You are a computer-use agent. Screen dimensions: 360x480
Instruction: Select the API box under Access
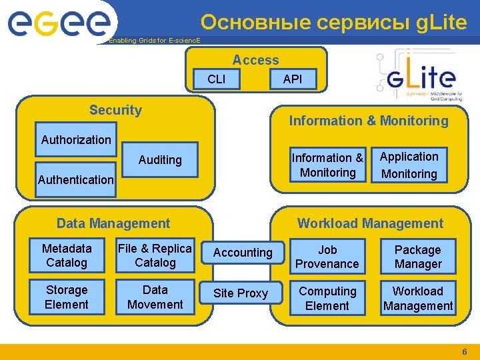click(x=291, y=79)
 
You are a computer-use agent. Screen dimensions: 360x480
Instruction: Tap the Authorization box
click(x=75, y=139)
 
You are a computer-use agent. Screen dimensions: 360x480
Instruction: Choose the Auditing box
click(x=160, y=160)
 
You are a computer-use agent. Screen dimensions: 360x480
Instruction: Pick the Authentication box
click(x=75, y=179)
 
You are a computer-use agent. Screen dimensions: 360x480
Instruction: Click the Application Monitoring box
click(x=409, y=165)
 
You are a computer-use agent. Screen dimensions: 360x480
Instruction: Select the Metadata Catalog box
click(x=67, y=256)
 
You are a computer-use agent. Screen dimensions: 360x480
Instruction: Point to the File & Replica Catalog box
click(x=155, y=256)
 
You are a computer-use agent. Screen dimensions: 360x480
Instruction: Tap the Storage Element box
click(x=67, y=297)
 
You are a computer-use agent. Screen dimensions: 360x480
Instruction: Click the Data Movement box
click(x=155, y=297)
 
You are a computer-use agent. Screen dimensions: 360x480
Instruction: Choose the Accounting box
click(x=242, y=253)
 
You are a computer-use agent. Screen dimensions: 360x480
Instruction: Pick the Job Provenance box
click(x=327, y=257)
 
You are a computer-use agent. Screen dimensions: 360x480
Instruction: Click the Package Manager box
click(x=418, y=257)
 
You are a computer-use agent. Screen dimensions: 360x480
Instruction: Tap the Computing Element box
click(x=327, y=299)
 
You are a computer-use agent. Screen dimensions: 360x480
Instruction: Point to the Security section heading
click(x=115, y=110)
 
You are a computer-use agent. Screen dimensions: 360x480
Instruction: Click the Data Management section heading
click(x=113, y=223)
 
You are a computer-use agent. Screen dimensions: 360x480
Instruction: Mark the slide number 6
click(x=465, y=351)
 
